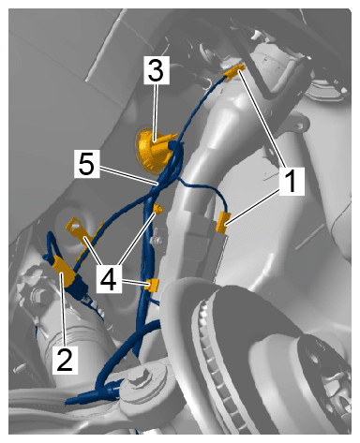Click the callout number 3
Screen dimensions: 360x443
tap(157, 70)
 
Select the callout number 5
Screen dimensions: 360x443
tap(87, 164)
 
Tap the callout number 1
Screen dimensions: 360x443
tap(292, 182)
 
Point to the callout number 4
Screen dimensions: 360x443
tap(109, 278)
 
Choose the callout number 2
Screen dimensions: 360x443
tap(65, 360)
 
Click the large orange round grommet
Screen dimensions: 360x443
tap(152, 149)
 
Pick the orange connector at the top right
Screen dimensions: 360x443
tap(234, 72)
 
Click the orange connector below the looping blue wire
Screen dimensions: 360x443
tap(223, 222)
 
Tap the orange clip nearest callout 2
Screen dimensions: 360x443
tap(64, 271)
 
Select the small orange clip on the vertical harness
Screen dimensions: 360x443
tap(153, 286)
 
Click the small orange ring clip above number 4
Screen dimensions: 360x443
tap(158, 209)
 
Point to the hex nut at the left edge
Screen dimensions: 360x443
tap(38, 295)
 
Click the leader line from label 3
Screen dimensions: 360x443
tap(155, 113)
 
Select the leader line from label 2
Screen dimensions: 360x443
tap(64, 309)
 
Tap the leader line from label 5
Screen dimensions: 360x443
tap(127, 175)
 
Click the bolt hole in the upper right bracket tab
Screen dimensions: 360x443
tap(300, 126)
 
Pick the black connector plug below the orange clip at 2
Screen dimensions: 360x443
tap(81, 288)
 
